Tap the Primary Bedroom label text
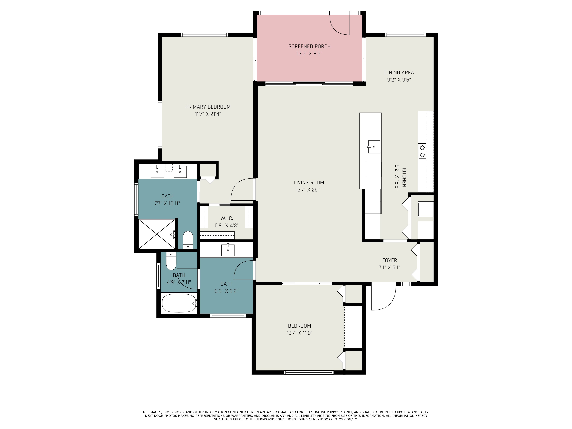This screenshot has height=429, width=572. tap(208, 107)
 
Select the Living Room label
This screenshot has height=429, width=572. tap(309, 183)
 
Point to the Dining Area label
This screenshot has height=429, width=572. tap(399, 73)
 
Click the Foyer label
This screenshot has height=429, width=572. tap(389, 260)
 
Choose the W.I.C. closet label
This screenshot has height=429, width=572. tap(227, 218)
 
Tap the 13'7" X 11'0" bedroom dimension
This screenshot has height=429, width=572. tap(299, 333)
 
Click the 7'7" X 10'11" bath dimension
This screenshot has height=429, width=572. tap(167, 203)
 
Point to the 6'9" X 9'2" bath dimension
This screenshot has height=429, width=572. tap(226, 291)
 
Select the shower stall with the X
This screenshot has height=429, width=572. tap(157, 234)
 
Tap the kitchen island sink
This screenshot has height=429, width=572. tap(374, 147)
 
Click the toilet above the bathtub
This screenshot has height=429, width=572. tap(171, 261)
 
